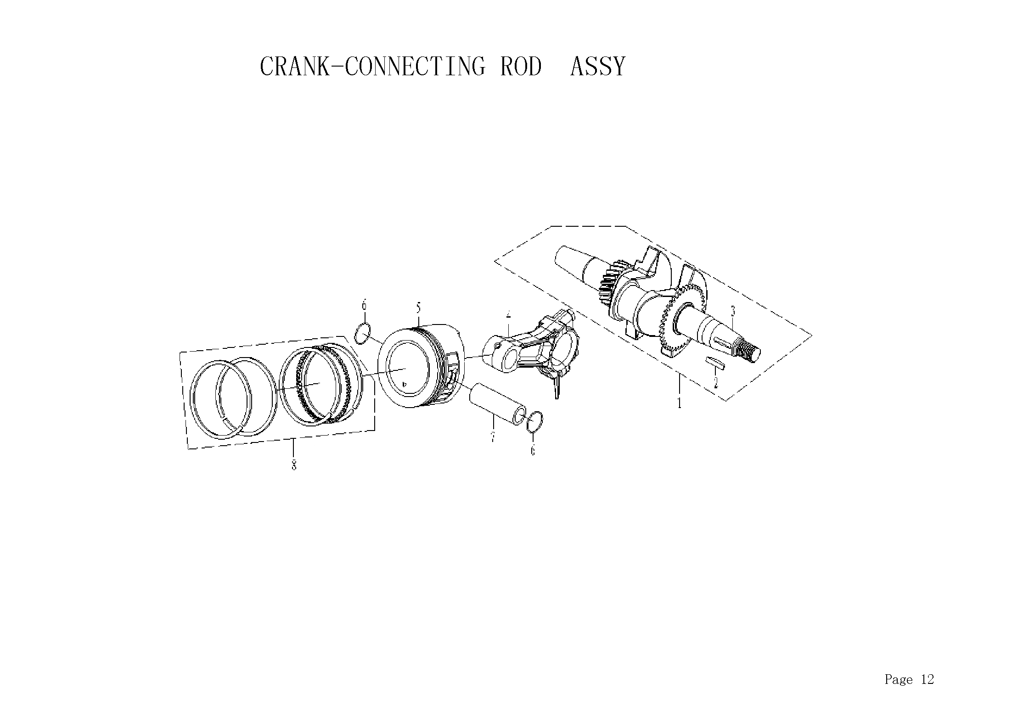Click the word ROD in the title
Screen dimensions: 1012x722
(x=521, y=67)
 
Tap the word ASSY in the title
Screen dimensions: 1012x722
(x=597, y=67)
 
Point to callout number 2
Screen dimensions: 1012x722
(x=715, y=382)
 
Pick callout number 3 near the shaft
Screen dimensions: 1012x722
(x=733, y=312)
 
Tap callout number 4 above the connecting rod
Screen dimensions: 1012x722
(x=508, y=315)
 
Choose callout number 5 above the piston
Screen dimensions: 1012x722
(x=418, y=308)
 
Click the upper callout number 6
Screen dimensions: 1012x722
(x=364, y=305)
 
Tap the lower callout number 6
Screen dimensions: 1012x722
(x=533, y=451)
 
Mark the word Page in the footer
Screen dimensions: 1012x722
(x=899, y=680)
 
